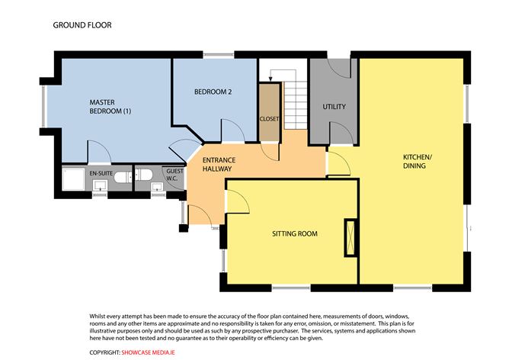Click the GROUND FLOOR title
click(82, 25)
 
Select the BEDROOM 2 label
click(213, 92)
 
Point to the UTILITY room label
click(335, 107)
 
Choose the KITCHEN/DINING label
click(417, 162)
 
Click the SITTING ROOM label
click(294, 233)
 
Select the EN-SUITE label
click(101, 175)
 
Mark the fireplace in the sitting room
click(351, 236)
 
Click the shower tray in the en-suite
click(75, 180)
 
